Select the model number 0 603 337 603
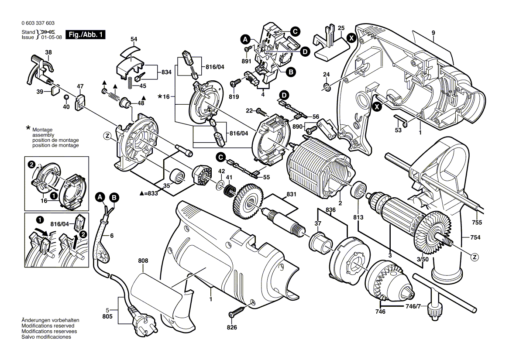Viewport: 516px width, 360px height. pyautogui.click(x=38, y=23)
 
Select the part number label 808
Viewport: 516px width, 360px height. pyautogui.click(x=143, y=261)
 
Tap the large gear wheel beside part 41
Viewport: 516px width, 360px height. pyautogui.click(x=247, y=202)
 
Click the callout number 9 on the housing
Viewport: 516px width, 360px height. pyautogui.click(x=433, y=33)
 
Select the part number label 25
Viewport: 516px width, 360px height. pyautogui.click(x=341, y=27)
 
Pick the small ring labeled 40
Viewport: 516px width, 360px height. pyautogui.click(x=65, y=96)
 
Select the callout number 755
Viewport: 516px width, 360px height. pyautogui.click(x=477, y=223)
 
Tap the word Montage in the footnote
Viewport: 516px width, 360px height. pyautogui.click(x=42, y=130)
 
